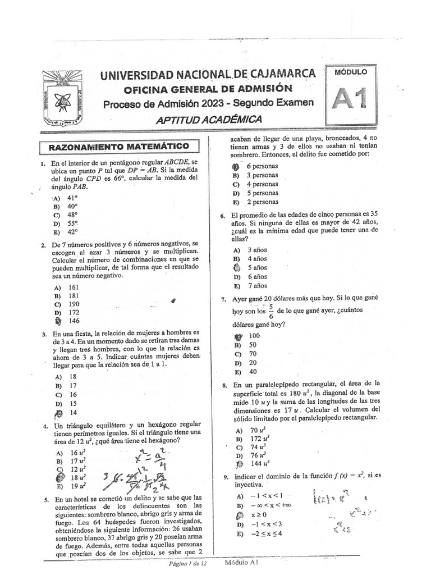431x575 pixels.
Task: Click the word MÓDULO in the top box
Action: (x=351, y=72)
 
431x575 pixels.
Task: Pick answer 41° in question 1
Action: (x=73, y=198)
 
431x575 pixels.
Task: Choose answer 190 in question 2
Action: (x=74, y=303)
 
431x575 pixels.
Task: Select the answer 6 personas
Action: (x=262, y=166)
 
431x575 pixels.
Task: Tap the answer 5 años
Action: (x=258, y=268)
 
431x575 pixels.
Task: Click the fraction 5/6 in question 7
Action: (x=271, y=311)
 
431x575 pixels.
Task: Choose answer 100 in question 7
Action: (x=254, y=336)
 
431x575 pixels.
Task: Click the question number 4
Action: (x=43, y=427)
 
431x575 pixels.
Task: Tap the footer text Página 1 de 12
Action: (x=190, y=563)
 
